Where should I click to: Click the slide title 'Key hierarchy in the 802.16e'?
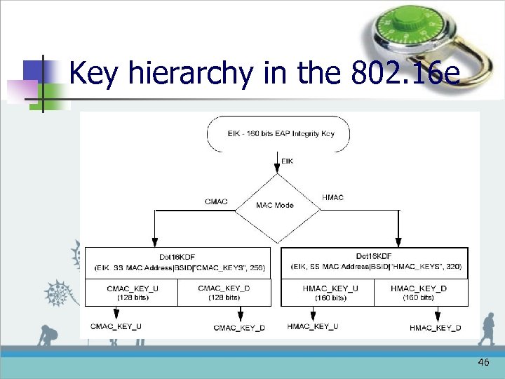click(x=264, y=72)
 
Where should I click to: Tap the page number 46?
click(x=483, y=362)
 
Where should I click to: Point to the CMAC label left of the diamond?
click(x=216, y=202)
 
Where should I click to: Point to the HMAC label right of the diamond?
click(x=332, y=198)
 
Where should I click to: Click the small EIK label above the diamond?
click(x=287, y=161)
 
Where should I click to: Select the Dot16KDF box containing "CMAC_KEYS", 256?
click(x=177, y=262)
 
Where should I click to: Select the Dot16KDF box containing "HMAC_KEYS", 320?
click(x=375, y=262)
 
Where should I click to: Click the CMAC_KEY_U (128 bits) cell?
click(x=131, y=293)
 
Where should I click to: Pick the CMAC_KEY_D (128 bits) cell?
click(x=224, y=293)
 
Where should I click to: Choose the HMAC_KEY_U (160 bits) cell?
click(x=328, y=293)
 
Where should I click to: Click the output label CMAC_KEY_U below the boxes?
click(x=116, y=326)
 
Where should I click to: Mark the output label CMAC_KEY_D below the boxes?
click(x=239, y=328)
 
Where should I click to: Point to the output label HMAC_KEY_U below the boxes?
click(x=313, y=326)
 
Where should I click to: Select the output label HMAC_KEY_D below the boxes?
click(x=435, y=328)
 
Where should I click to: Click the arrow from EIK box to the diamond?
click(x=277, y=163)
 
